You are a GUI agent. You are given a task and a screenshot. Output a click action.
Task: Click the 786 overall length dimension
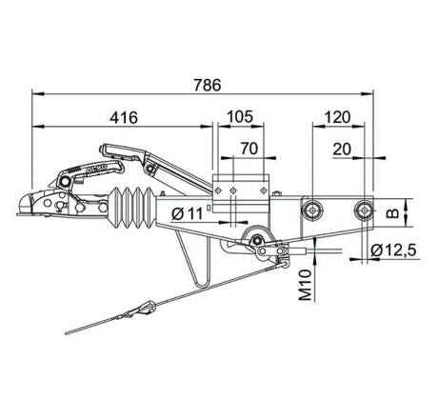208,85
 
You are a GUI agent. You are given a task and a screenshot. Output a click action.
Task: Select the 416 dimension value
124,117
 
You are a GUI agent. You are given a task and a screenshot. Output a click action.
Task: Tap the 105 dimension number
240,117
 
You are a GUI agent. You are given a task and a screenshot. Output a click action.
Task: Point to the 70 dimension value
249,149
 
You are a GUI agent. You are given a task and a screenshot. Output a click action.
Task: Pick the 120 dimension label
338,117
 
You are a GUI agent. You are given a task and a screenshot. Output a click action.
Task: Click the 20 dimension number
342,150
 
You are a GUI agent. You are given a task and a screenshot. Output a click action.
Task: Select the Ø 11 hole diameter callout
188,213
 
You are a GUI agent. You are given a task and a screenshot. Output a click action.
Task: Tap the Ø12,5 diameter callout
393,250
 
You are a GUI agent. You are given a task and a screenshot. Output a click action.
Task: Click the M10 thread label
306,285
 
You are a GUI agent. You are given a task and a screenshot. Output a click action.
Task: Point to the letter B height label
393,213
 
